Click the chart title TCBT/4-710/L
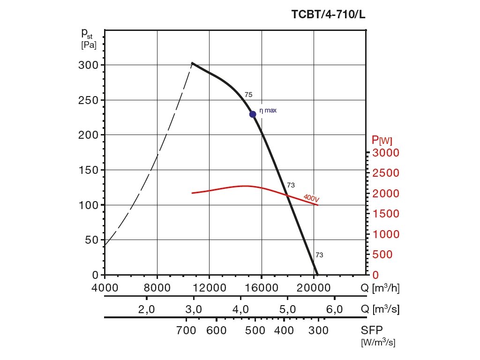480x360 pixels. [328, 15]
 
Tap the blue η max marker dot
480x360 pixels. [253, 114]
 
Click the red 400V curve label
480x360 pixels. [311, 198]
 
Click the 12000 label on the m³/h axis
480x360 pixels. [209, 287]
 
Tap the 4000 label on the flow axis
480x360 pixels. [105, 287]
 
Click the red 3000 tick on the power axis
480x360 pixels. [386, 153]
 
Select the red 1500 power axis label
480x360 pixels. [386, 214]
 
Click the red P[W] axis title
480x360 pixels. [382, 140]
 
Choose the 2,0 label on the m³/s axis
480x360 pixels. [147, 309]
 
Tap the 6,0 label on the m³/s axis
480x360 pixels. [334, 309]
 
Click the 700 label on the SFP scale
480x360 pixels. [187, 331]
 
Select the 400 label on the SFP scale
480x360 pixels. [284, 331]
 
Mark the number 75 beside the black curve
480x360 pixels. [248, 95]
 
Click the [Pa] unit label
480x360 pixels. [89, 45]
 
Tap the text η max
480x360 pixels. [268, 111]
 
